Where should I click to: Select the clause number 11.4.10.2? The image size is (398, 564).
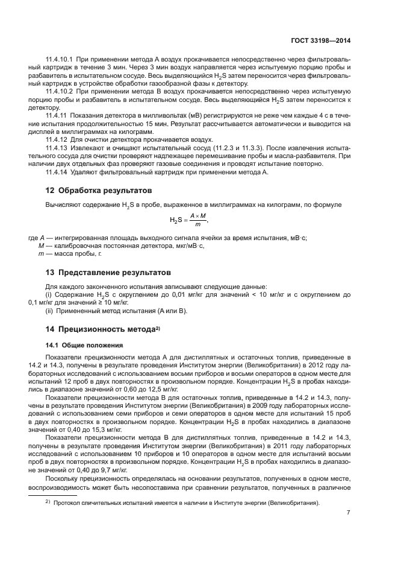point(59,91)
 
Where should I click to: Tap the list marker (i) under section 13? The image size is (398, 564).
point(49,294)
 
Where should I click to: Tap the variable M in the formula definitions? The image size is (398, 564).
point(40,246)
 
